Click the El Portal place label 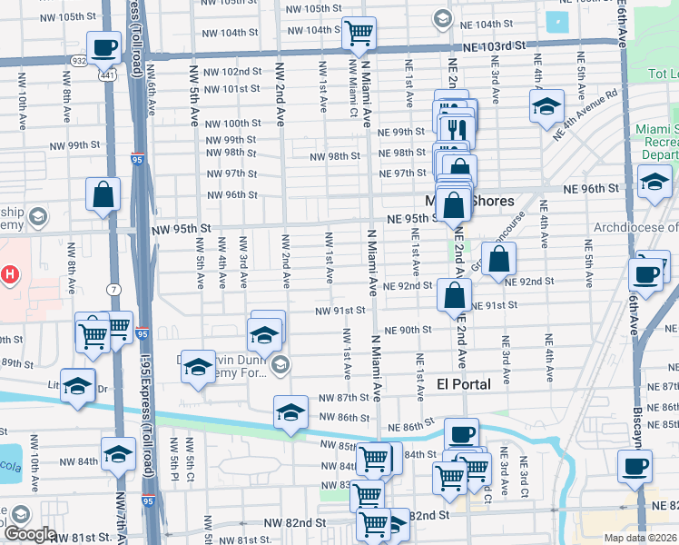point(463,384)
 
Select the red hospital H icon point(10,273)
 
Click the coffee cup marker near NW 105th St point(103,48)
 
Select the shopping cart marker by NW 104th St point(359,34)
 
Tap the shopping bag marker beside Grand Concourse point(498,260)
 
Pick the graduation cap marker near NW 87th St point(290,412)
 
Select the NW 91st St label point(339,311)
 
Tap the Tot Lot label point(660,74)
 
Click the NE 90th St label point(408,330)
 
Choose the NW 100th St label point(232,124)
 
